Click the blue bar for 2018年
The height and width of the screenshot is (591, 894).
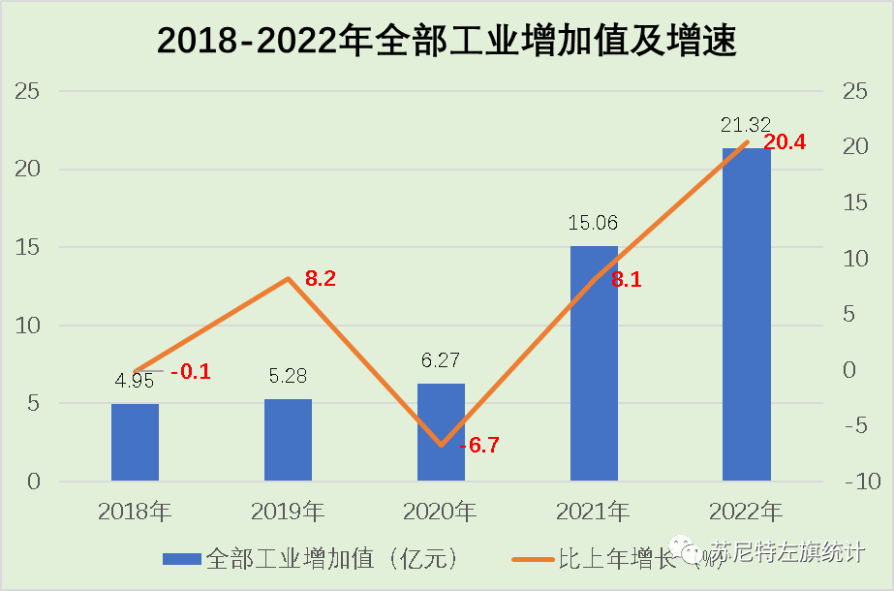(x=135, y=442)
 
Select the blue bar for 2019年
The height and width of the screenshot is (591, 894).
(x=288, y=439)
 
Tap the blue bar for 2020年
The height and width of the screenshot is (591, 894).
(x=441, y=432)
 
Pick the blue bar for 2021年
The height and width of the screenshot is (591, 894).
(x=594, y=363)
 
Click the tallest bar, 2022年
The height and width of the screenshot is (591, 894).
(x=747, y=314)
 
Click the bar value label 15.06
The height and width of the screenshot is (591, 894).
(x=593, y=223)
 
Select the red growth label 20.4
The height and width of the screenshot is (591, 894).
(x=785, y=143)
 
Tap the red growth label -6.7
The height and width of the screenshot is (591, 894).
(x=478, y=446)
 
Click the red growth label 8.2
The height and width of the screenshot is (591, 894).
(x=321, y=279)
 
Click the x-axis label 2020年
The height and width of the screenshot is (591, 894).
(x=441, y=511)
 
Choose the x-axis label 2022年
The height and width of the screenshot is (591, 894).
(x=746, y=511)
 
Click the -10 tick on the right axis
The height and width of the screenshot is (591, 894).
(x=860, y=482)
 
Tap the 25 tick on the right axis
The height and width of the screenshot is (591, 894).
(x=853, y=91)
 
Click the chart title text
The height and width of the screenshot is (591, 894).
(x=447, y=42)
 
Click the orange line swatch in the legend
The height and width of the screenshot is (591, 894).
(x=532, y=559)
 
